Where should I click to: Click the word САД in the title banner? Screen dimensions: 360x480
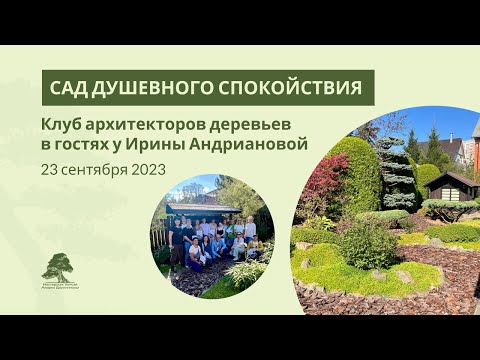tap(73, 88)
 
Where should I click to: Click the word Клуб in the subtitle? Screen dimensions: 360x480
tap(64, 126)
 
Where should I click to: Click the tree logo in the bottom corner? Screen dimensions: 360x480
tap(58, 267)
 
